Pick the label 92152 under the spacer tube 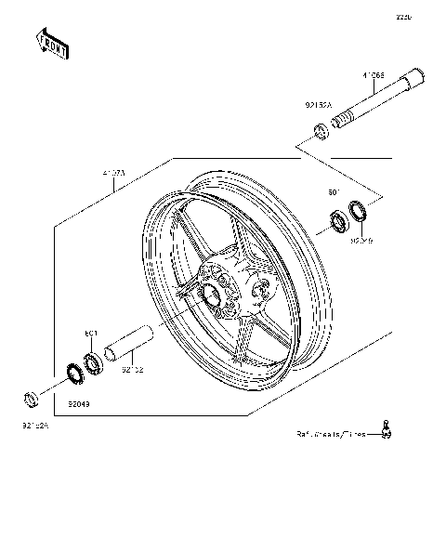point(134,369)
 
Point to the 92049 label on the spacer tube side point(80,405)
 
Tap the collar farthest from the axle point(31,400)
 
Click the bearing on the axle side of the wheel point(334,222)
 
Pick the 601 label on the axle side point(334,192)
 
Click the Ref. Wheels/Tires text point(329,434)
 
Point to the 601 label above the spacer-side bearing point(91,333)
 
